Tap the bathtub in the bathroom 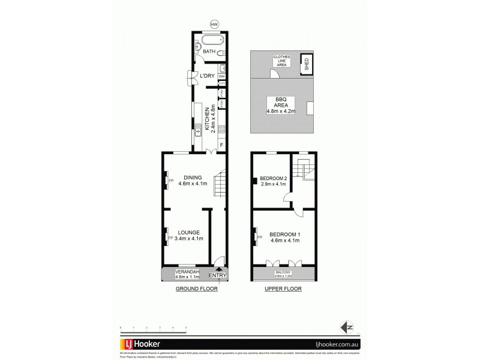coord(212,41)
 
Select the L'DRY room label coord(208,76)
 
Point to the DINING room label coord(193,177)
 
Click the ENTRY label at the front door coord(218,275)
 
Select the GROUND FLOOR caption coord(196,289)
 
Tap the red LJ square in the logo coord(128,345)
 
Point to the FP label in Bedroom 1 coord(260,237)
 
